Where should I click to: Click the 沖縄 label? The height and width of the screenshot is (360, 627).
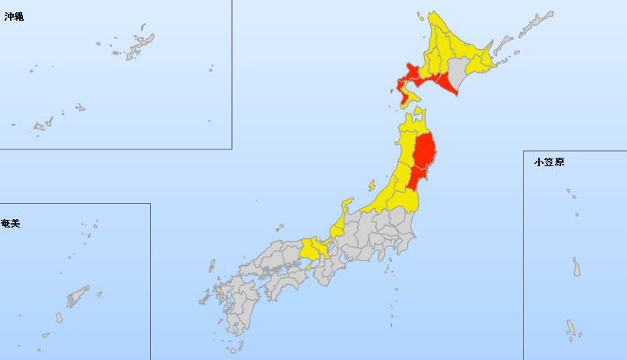[14, 16]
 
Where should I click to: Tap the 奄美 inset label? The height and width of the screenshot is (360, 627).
[11, 223]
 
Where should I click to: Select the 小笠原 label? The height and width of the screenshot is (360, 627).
[549, 162]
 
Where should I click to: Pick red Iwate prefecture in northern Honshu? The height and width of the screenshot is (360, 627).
[424, 150]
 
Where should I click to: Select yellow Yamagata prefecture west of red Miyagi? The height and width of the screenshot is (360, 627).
[400, 179]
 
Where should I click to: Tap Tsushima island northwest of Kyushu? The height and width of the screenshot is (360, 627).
[212, 265]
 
